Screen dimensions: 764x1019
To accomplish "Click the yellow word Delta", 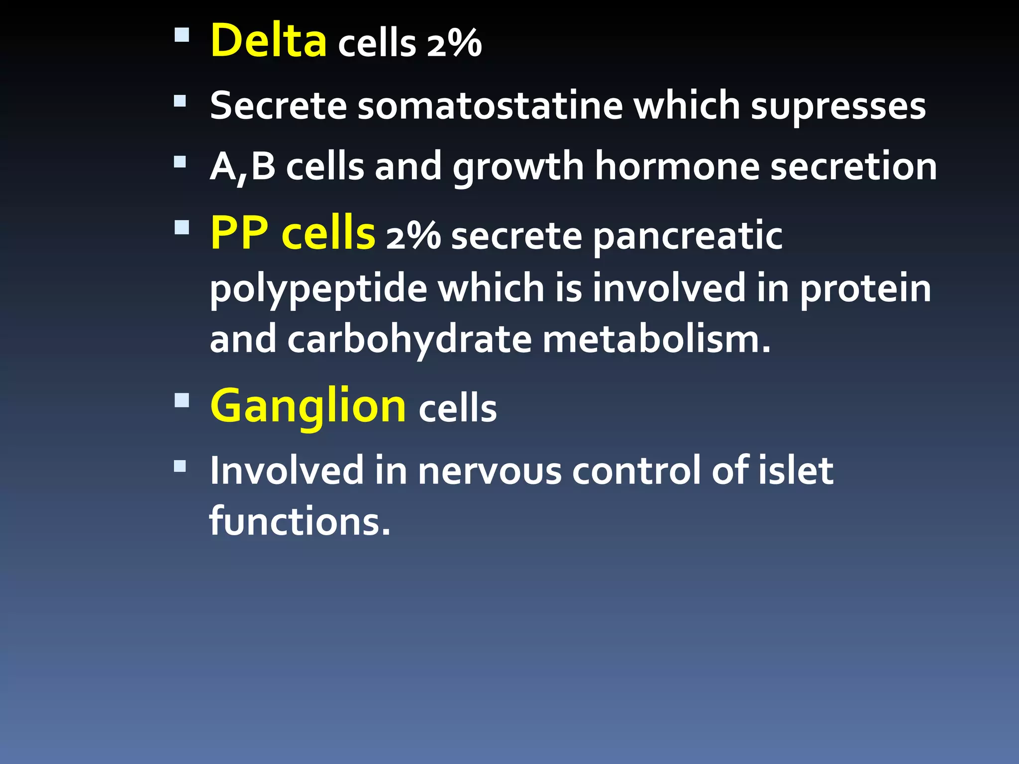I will [269, 41].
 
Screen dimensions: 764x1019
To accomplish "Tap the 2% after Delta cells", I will [454, 44].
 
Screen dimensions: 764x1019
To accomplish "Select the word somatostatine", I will [490, 106].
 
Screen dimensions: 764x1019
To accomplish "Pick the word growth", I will [517, 168].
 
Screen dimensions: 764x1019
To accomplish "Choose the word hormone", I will [677, 167].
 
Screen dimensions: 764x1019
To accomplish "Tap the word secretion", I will [853, 167].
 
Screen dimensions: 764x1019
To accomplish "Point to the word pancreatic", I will [688, 237].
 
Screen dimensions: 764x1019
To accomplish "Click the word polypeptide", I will [318, 289].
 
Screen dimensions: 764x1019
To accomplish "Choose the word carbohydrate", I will [409, 340].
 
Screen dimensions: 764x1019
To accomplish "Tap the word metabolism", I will [656, 340].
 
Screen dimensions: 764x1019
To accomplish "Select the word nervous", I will [490, 471].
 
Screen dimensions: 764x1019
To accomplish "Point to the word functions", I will [300, 521].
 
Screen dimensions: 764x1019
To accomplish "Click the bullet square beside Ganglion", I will [182, 400].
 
